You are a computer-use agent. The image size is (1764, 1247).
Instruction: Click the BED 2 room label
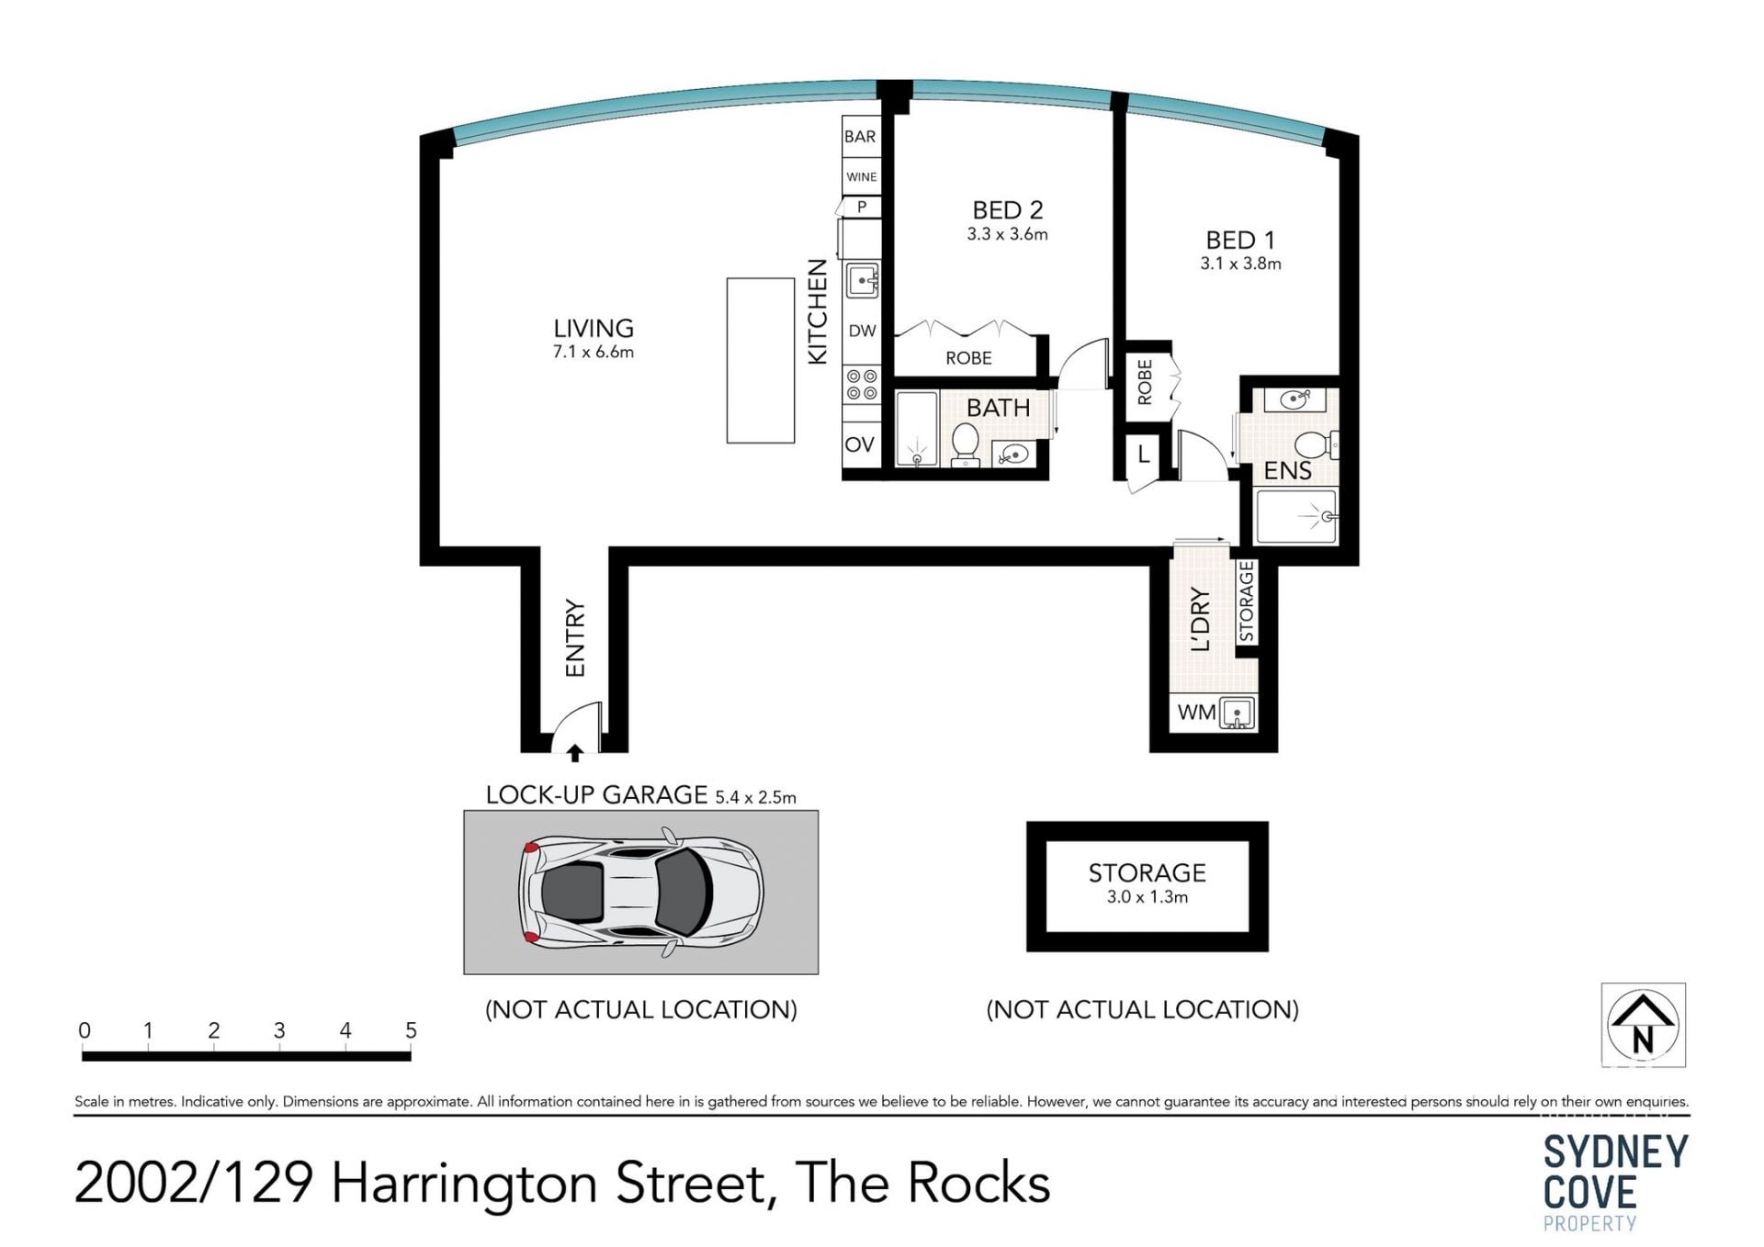(1007, 210)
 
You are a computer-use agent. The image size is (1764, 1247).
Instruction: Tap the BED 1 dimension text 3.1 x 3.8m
(1240, 264)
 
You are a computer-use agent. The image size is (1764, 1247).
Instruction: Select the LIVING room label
(594, 328)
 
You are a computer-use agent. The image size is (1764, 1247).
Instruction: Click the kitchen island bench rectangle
(761, 361)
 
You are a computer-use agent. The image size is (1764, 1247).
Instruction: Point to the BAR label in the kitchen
(860, 137)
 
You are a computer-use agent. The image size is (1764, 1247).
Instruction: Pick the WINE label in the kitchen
(862, 176)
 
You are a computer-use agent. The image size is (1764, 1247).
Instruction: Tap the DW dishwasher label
(862, 331)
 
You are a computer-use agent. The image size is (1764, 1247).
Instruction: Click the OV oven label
(860, 444)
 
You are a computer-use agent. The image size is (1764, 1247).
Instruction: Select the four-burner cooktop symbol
(862, 384)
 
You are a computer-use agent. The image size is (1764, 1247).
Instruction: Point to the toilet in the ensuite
(1316, 445)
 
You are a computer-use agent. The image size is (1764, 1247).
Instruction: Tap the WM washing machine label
(1196, 713)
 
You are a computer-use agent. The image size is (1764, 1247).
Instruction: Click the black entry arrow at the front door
(575, 753)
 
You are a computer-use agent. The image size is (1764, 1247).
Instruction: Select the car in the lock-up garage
(641, 891)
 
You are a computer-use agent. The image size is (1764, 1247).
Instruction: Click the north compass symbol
(1644, 1025)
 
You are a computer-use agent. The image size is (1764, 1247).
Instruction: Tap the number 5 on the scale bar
(411, 1030)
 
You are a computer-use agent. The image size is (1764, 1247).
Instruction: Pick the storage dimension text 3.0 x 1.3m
(1148, 897)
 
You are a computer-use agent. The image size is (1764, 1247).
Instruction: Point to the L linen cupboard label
(1144, 454)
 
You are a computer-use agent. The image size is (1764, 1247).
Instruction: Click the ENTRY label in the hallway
(575, 638)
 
